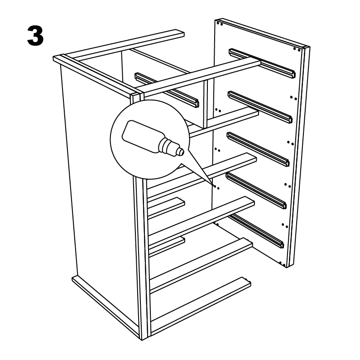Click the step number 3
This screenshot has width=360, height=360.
35,36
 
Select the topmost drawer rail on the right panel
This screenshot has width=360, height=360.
262,63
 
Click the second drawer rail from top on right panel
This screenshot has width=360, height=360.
260,106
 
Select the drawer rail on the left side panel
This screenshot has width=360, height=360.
167,90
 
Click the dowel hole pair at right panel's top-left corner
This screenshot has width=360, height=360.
220,23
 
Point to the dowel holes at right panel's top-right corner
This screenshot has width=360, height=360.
297,49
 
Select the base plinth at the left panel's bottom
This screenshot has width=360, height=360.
106,307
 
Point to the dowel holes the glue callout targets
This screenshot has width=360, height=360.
216,187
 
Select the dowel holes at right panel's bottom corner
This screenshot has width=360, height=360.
283,264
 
